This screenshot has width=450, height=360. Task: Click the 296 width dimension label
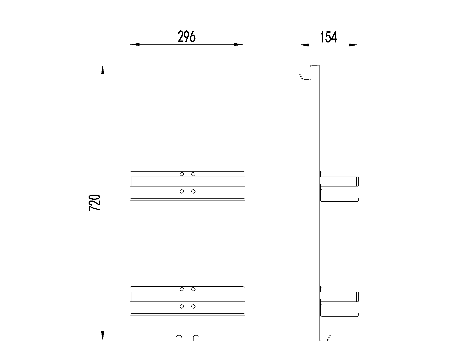pos(186,37)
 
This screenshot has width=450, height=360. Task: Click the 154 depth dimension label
pos(328,37)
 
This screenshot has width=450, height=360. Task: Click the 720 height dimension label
pos(95,203)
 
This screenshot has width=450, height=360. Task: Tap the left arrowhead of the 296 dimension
pos(135,44)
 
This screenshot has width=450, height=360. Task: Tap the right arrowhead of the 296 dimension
pos(238,44)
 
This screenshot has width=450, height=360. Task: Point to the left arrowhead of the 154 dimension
pos(304,45)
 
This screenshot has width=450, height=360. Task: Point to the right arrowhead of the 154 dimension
pos(354,45)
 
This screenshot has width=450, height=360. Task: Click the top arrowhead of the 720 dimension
pos(103,70)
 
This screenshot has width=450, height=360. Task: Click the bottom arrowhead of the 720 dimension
pos(103,336)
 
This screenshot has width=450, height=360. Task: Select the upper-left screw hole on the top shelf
pos(182,174)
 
